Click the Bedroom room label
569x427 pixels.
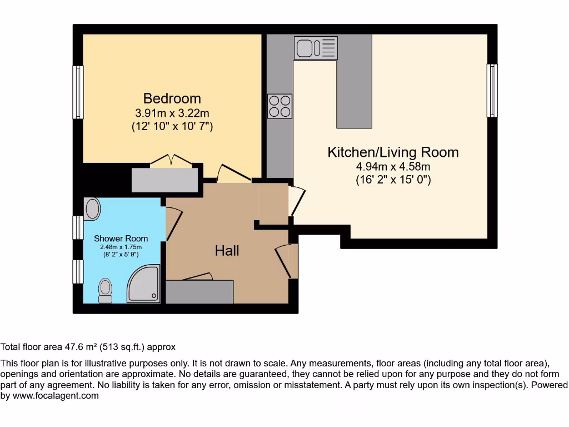(x=172, y=98)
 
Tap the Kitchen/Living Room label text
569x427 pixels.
(x=393, y=152)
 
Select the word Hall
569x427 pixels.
(x=227, y=251)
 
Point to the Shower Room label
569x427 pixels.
(x=121, y=239)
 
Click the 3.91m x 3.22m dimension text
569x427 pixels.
(x=172, y=113)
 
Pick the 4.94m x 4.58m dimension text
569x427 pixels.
(x=393, y=166)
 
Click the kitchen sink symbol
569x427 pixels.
(x=316, y=48)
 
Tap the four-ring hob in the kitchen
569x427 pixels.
(x=279, y=106)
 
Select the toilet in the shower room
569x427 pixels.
(x=105, y=290)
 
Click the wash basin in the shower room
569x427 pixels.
(x=92, y=208)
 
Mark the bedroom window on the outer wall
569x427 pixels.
(x=78, y=92)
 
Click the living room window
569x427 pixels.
(x=492, y=91)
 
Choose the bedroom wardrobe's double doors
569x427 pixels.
(x=171, y=161)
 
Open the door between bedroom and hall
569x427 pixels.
(x=233, y=173)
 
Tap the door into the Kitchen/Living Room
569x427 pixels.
(x=297, y=200)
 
